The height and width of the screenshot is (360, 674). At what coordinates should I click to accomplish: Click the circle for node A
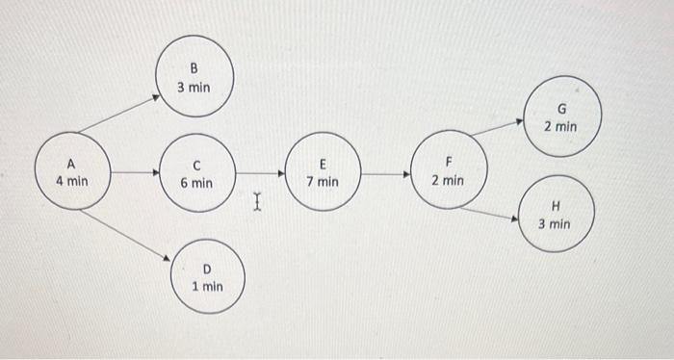click(71, 172)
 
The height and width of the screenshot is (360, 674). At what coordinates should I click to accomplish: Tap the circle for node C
click(196, 173)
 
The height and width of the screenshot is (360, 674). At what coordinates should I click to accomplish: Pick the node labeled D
click(207, 277)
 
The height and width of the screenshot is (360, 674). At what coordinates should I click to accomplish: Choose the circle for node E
click(323, 173)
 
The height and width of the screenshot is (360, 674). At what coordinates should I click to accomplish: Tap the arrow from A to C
click(135, 173)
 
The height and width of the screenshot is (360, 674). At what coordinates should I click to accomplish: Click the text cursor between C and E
click(256, 201)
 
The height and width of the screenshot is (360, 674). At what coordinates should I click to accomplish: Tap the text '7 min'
click(323, 181)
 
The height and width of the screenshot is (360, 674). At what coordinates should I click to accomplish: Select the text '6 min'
click(196, 182)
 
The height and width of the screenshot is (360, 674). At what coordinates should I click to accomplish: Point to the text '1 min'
click(207, 286)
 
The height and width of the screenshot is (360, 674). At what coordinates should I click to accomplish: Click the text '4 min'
click(71, 180)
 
